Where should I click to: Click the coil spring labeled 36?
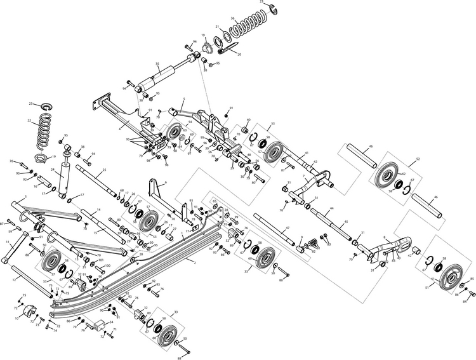pyautogui.click(x=245, y=29)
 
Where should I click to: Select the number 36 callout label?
pyautogui.click(x=233, y=18)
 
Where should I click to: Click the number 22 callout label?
pyautogui.click(x=29, y=120)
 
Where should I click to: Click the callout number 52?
pyautogui.click(x=418, y=159)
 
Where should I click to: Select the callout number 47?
pyautogui.click(x=288, y=227)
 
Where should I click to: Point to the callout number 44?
pyautogui.click(x=331, y=209)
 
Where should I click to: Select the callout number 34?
pyautogui.click(x=110, y=323)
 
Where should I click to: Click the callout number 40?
pyautogui.click(x=248, y=120)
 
